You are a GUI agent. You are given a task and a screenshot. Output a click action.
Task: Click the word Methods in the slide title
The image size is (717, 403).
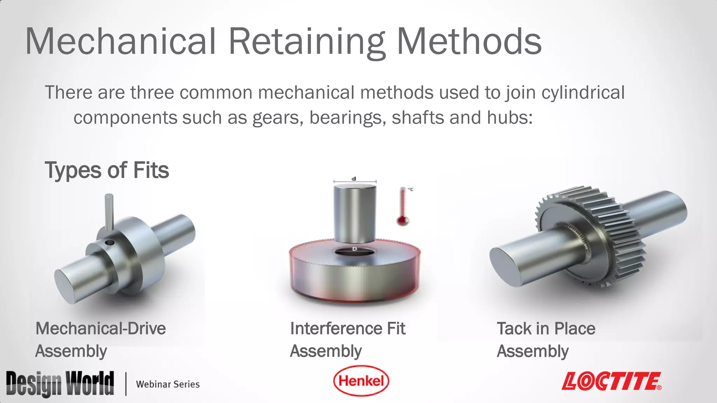tap(469, 42)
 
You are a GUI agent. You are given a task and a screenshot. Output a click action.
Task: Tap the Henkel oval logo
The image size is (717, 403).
tap(361, 381)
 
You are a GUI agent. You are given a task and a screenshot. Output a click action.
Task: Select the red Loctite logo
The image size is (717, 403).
tap(611, 381)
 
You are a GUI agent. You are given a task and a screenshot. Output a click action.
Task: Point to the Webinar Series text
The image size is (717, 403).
tap(168, 384)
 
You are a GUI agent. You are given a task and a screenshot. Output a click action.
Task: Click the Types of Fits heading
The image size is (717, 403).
tap(107, 170)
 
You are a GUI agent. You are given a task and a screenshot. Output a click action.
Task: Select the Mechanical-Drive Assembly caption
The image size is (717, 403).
tap(100, 339)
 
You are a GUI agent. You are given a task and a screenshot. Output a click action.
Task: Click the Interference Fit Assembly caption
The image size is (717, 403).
tap(347, 339)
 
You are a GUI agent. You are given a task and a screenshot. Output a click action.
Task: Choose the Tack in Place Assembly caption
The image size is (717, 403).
tap(546, 339)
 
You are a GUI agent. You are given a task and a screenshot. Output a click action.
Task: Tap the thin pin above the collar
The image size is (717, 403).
tap(109, 212)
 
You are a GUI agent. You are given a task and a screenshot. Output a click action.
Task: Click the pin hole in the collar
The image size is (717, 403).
tap(110, 242)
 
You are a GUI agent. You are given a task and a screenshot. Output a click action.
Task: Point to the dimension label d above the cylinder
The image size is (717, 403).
tap(354, 179)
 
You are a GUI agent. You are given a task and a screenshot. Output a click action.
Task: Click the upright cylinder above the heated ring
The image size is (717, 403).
tap(355, 213)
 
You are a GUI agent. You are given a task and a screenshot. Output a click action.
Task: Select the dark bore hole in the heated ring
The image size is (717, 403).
tap(354, 251)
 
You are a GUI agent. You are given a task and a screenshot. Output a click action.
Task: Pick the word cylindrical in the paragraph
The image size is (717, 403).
tap(583, 93)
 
